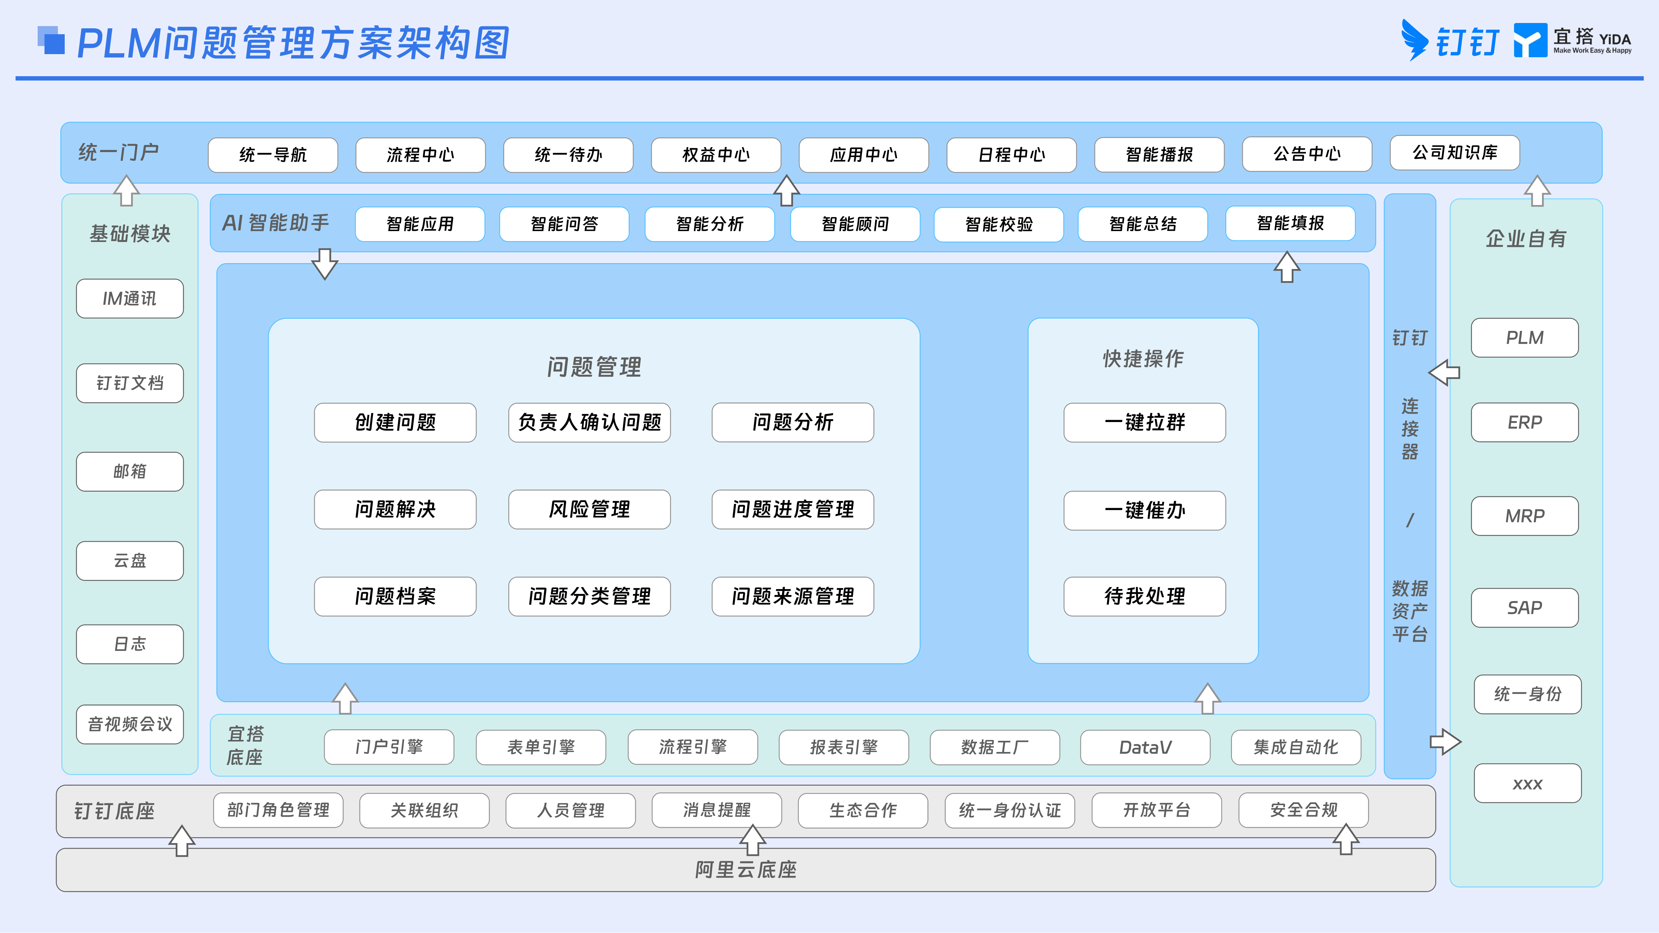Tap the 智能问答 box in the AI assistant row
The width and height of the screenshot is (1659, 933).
(x=564, y=224)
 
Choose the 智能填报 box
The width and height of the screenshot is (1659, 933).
(x=1290, y=223)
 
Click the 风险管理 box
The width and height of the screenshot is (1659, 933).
(x=589, y=509)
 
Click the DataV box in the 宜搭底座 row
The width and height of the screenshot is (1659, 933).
(x=1145, y=747)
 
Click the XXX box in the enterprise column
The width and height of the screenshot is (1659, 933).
(x=1528, y=783)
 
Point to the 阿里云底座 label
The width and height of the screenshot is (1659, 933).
(x=746, y=870)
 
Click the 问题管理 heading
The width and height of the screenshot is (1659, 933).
(x=594, y=367)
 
